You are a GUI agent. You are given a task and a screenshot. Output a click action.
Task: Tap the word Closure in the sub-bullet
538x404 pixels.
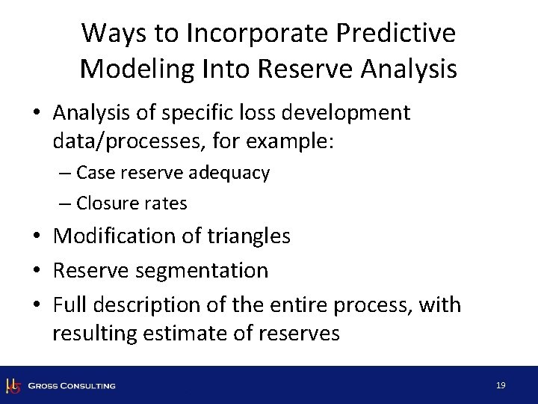click(105, 203)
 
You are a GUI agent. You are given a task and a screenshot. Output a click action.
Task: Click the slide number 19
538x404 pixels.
click(501, 385)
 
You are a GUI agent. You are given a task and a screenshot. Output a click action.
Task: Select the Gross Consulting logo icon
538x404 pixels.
click(13, 385)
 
